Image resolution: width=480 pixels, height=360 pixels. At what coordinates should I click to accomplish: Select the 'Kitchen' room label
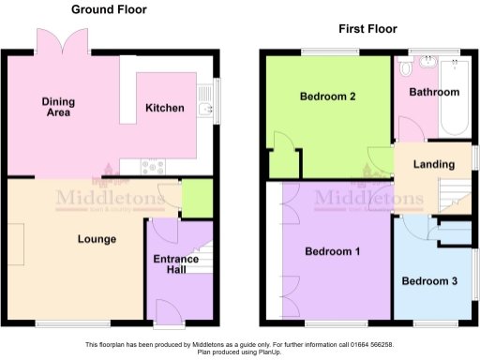(164, 108)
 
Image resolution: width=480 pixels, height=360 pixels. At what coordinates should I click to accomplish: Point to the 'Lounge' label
(97, 239)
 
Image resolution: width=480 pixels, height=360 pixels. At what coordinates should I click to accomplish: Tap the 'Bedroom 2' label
(327, 96)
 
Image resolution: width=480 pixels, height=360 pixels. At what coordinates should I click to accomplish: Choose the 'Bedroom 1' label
(333, 251)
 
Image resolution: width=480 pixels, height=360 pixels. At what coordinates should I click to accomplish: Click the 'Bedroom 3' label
(429, 281)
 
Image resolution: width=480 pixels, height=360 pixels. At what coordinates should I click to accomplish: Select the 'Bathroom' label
(434, 92)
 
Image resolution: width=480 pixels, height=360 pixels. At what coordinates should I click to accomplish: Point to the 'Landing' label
(434, 165)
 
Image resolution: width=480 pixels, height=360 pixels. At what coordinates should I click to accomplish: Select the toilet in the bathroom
(405, 68)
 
